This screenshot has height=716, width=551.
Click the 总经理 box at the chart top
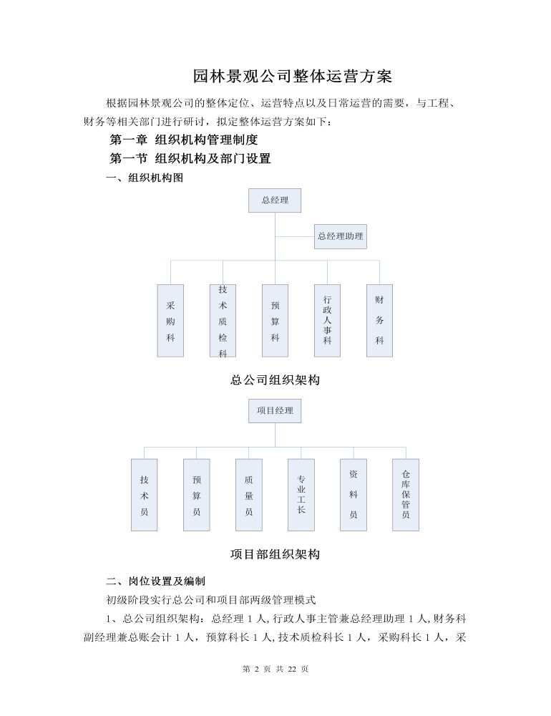tap(275, 200)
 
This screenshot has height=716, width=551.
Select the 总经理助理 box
tap(341, 236)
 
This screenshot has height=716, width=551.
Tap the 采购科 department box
tap(170, 321)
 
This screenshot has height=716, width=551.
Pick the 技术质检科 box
tap(223, 321)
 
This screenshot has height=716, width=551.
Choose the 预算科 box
tap(275, 321)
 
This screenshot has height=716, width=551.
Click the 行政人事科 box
tap(327, 321)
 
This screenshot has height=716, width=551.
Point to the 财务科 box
tap(379, 321)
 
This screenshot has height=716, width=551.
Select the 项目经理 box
tap(275, 411)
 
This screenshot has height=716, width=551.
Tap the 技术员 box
tap(145, 495)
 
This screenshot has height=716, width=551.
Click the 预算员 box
tap(196, 495)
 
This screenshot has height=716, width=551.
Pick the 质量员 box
tap(249, 495)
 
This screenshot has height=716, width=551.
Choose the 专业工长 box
tap(301, 495)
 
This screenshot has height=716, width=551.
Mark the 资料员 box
tap(353, 495)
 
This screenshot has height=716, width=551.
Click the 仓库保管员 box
tap(406, 495)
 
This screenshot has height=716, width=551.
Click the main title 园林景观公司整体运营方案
tap(292, 77)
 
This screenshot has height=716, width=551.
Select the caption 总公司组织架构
tap(275, 380)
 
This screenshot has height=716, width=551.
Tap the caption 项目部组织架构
tap(275, 554)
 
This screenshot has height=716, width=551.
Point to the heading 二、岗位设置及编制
tap(156, 581)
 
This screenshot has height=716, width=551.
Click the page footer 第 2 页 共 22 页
tap(275, 669)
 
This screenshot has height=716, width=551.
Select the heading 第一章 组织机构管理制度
tap(184, 140)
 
